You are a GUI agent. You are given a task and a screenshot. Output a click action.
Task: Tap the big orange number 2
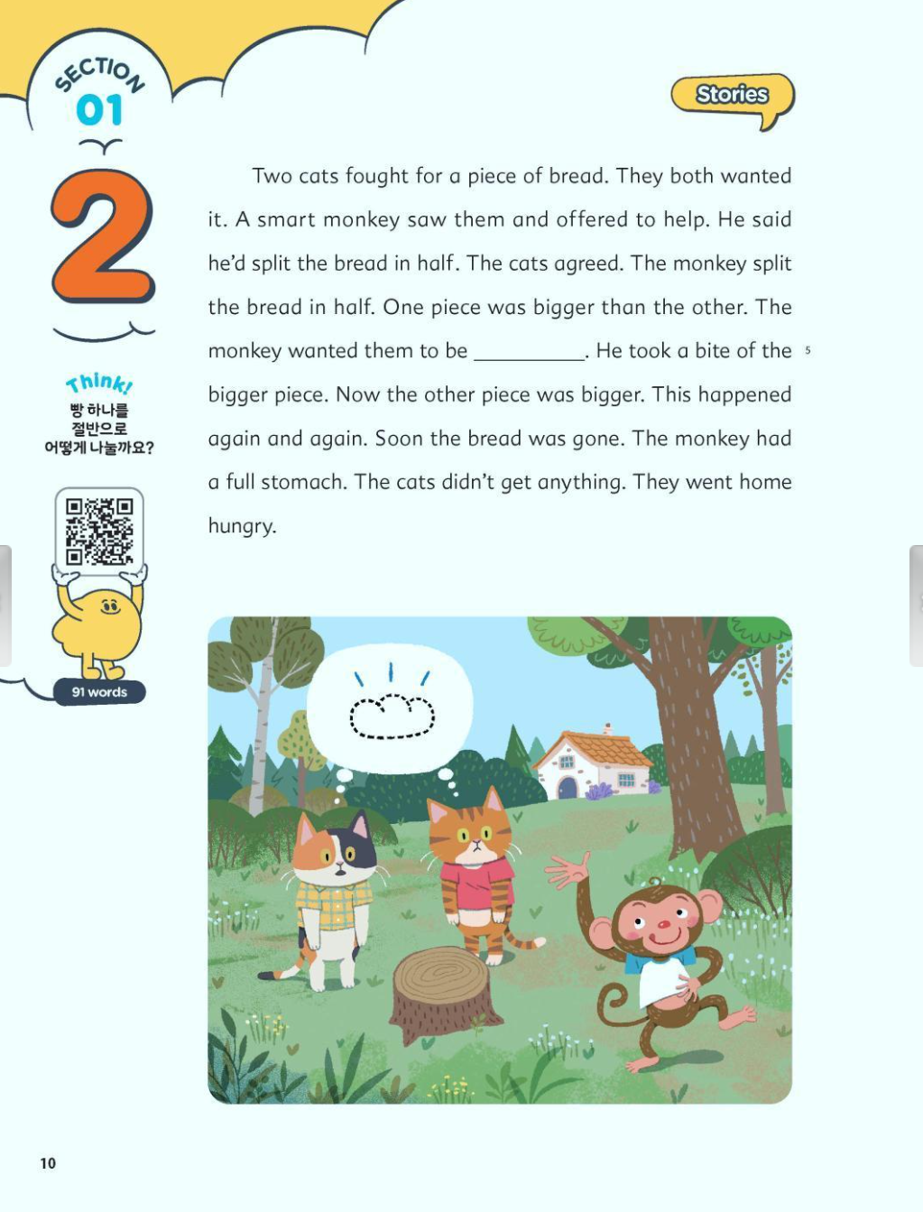click(103, 236)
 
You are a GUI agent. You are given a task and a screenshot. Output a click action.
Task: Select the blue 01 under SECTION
click(99, 110)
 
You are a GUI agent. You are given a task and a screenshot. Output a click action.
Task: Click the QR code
click(99, 532)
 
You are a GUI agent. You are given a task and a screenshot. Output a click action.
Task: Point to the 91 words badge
click(99, 692)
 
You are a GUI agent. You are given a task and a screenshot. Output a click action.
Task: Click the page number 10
click(48, 1163)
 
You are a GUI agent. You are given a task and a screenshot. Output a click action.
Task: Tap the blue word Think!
click(99, 384)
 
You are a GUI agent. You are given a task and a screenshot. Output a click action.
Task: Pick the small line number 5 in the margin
click(808, 350)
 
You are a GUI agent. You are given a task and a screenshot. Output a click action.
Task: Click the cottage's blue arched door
click(568, 787)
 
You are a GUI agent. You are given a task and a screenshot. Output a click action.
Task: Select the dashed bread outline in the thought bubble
click(392, 717)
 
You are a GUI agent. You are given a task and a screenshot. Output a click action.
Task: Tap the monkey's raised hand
click(568, 871)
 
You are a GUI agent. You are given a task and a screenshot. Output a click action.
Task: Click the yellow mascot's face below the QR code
click(110, 607)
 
